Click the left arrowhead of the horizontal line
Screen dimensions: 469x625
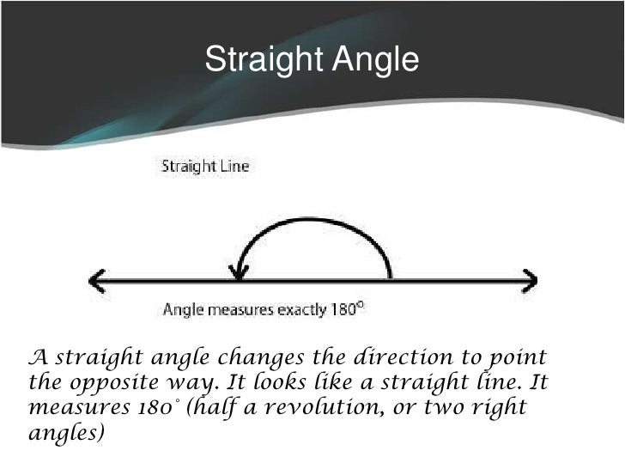[x=95, y=280]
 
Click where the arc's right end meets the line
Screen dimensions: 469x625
[x=391, y=278]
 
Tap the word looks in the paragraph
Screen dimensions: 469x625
[x=258, y=379]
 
